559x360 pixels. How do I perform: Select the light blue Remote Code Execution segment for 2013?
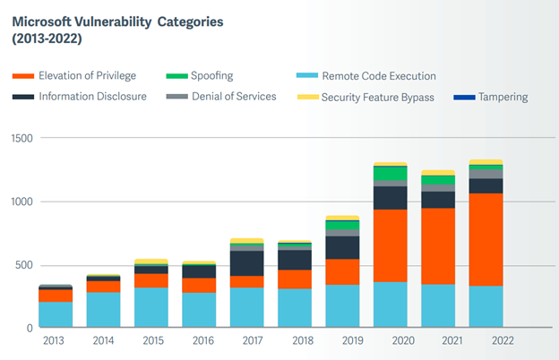coord(55,314)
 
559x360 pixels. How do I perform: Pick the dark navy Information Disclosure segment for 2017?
coord(247,263)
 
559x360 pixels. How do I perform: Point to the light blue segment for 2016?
coord(199,310)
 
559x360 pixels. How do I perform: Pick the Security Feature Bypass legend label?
coord(377,97)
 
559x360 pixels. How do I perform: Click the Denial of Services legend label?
coord(234,97)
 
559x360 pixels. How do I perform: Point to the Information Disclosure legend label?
coord(92,97)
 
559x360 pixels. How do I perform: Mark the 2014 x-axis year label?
coord(102,340)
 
